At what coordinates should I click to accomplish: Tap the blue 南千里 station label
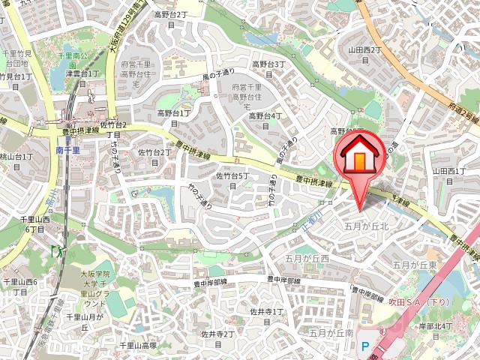[67, 150]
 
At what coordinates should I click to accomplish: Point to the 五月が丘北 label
[366, 225]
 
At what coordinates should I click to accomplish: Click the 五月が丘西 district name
[307, 258]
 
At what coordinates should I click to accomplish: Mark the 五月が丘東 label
[415, 265]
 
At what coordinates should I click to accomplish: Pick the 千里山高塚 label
[139, 346]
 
